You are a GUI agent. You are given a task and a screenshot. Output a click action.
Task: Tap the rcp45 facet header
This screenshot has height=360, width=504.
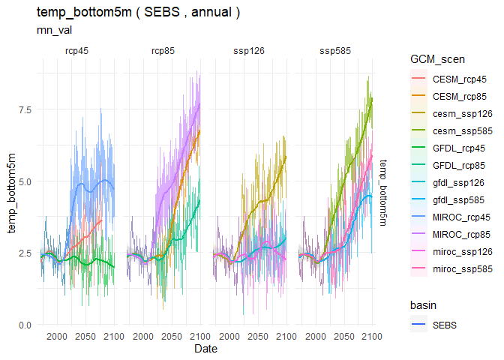coord(77,51)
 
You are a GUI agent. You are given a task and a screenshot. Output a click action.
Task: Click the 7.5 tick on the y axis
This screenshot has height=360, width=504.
coord(24,109)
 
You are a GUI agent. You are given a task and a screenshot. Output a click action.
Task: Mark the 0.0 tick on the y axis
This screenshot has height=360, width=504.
coord(24,325)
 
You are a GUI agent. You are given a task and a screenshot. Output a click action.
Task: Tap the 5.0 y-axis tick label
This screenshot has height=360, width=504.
coord(24,181)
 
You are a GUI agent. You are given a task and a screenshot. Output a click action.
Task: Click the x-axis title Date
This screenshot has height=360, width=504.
coord(206,349)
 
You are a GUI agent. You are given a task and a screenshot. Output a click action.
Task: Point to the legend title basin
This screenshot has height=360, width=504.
coord(424,306)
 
